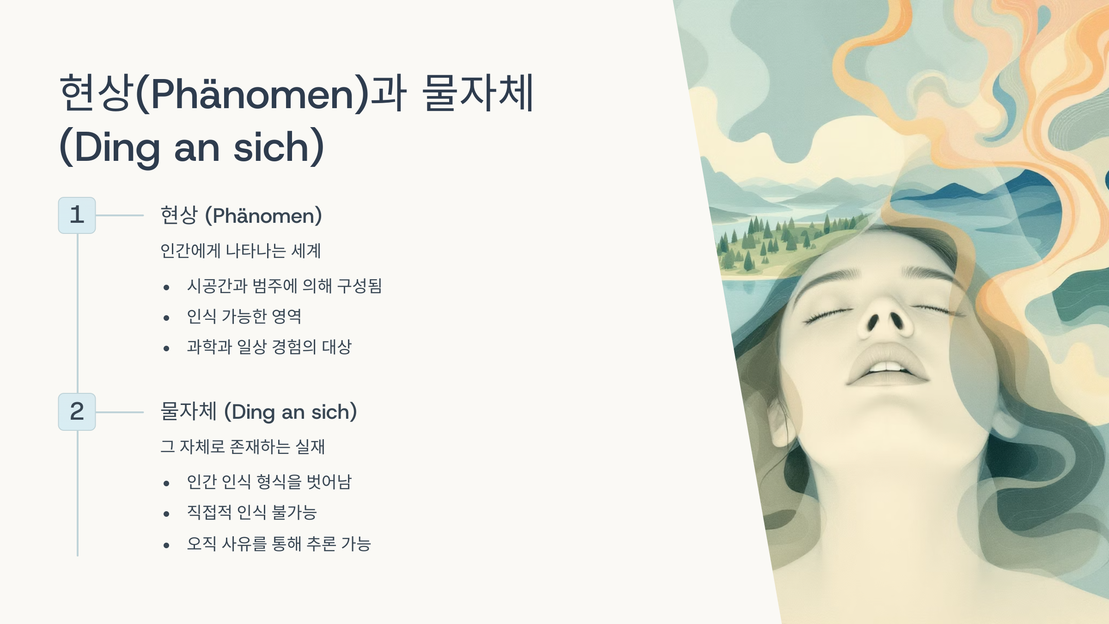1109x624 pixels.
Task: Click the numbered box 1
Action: point(77,215)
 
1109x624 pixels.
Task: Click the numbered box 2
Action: point(77,412)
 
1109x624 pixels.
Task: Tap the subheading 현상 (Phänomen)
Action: point(241,215)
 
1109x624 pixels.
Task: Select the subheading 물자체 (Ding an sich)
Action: point(258,412)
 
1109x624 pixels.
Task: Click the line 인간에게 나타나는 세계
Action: point(240,251)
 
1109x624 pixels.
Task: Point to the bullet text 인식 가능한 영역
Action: point(244,316)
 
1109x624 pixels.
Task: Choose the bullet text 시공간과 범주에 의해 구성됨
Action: point(284,286)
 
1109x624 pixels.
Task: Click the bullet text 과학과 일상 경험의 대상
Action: point(269,347)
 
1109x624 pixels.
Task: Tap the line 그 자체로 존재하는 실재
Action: point(243,447)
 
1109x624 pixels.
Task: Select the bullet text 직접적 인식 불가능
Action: point(252,512)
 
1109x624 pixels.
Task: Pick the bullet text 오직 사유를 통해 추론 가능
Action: point(279,544)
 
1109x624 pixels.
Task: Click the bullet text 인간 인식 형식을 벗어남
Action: point(269,482)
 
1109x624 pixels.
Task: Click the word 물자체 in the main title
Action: point(478,93)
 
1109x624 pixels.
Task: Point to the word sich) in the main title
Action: point(279,147)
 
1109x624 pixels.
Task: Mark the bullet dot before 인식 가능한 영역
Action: point(166,318)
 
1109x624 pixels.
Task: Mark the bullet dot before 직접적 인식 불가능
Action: point(166,514)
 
